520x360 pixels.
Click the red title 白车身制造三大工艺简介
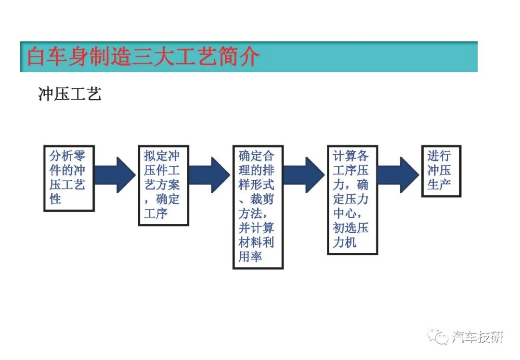[143, 56]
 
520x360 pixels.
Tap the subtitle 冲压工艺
[70, 94]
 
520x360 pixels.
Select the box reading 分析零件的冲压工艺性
[69, 178]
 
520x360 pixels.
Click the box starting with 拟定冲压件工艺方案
[164, 186]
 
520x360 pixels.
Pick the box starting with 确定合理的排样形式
[258, 207]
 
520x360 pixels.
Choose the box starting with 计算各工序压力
[352, 200]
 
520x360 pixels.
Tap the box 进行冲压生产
[442, 171]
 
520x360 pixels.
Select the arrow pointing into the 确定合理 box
[210, 175]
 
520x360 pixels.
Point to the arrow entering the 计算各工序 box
[304, 175]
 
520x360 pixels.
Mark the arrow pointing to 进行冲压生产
[399, 175]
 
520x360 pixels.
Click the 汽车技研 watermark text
[478, 337]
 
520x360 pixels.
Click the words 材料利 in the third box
[256, 242]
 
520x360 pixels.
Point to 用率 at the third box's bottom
[250, 256]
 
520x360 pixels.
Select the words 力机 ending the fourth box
[345, 242]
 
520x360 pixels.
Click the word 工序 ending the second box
[156, 213]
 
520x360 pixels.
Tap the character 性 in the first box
[55, 199]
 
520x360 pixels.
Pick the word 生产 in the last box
[439, 185]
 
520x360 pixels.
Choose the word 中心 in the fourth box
[345, 213]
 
